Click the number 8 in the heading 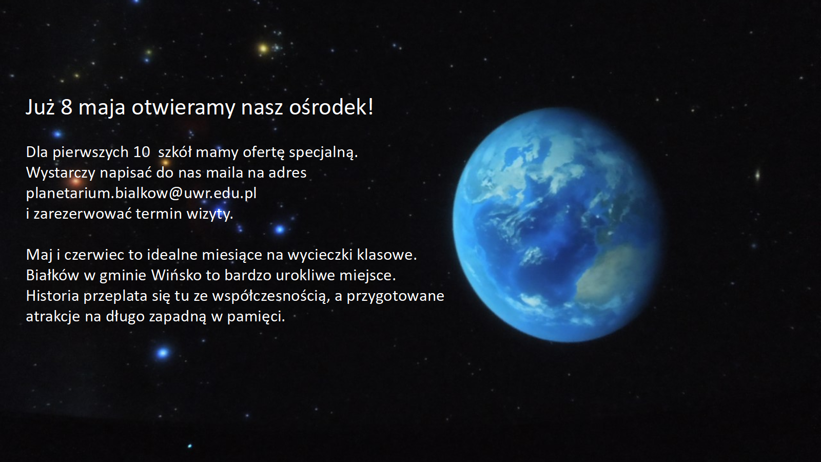coord(66,107)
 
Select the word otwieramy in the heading coord(183,108)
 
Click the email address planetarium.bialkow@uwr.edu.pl coord(141,193)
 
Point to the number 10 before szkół coord(142,152)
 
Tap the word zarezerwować coord(83,214)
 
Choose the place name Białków coord(52,275)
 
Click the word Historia coord(52,296)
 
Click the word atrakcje coord(53,317)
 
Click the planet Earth coord(557,225)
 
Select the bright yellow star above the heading coord(263,48)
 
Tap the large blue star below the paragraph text coord(163,353)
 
